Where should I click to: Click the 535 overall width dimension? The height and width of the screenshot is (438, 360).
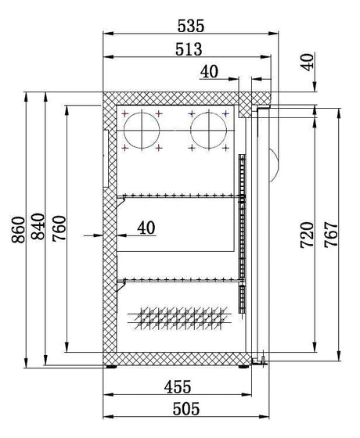pyautogui.click(x=192, y=25)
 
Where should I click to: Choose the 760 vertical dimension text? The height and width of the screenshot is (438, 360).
pyautogui.click(x=57, y=230)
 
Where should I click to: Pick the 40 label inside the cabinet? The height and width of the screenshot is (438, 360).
pyautogui.click(x=146, y=228)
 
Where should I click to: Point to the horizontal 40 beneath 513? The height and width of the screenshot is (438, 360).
pyautogui.click(x=209, y=72)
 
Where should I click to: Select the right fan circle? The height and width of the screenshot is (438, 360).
pyautogui.click(x=207, y=130)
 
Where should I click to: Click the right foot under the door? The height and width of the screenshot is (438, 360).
pyautogui.click(x=259, y=361)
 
